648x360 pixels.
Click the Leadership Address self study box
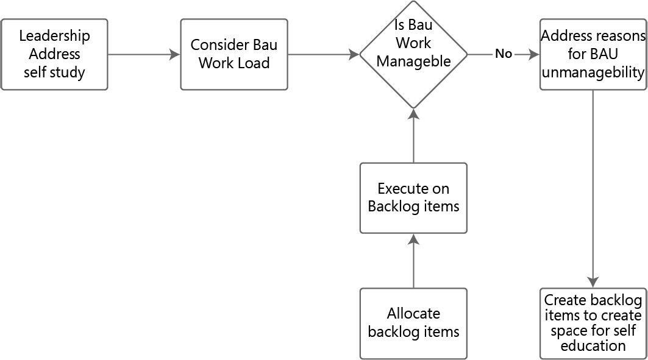(54, 54)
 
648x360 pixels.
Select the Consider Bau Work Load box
(234, 54)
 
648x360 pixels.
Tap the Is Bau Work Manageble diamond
(413, 54)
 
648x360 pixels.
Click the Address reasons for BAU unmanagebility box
(593, 54)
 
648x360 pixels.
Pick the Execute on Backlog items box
(413, 198)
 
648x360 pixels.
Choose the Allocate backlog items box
(413, 323)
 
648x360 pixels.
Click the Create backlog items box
(593, 323)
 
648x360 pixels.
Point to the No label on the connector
(504, 54)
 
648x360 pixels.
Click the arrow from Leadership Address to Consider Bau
(144, 54)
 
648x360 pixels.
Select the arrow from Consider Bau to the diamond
(323, 54)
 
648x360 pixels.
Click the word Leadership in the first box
(54, 36)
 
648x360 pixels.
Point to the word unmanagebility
(593, 72)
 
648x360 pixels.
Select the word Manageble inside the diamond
(414, 62)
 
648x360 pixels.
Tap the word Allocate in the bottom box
(413, 314)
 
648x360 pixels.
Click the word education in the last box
(593, 346)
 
